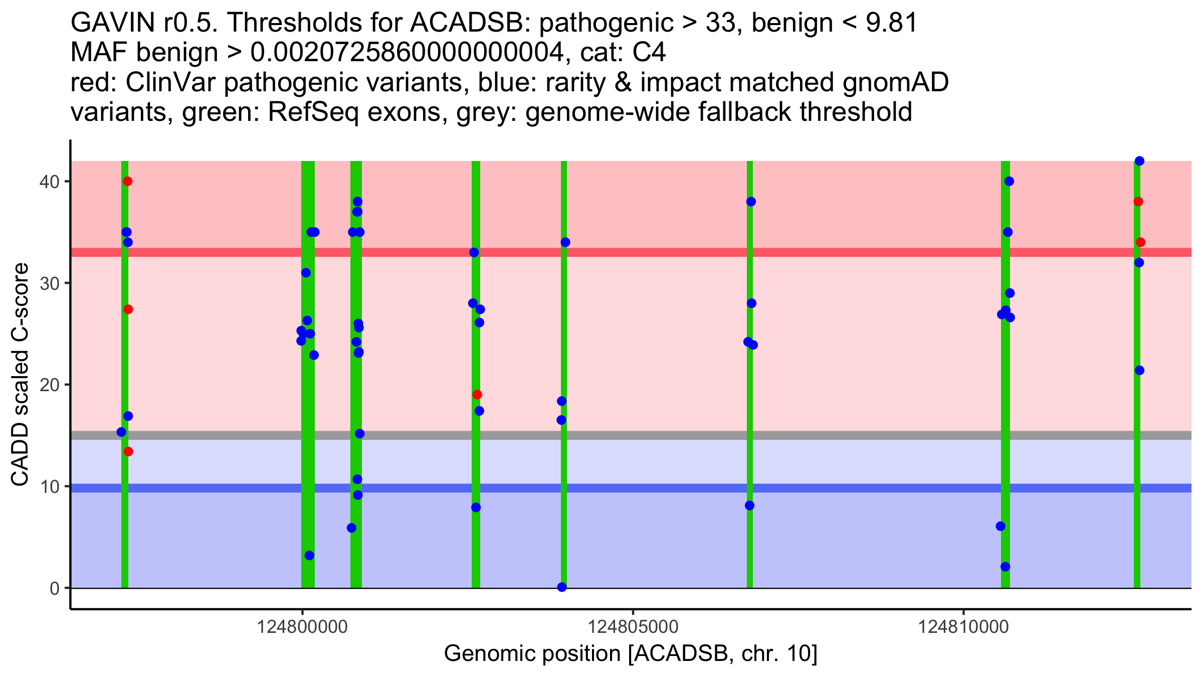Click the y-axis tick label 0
54,588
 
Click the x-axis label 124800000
302,627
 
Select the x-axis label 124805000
633,627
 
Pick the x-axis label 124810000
963,627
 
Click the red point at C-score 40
127,181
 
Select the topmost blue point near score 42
1139,161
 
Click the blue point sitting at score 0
562,587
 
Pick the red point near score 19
477,395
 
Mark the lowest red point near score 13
128,452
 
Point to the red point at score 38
1138,202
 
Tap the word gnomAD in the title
896,83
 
